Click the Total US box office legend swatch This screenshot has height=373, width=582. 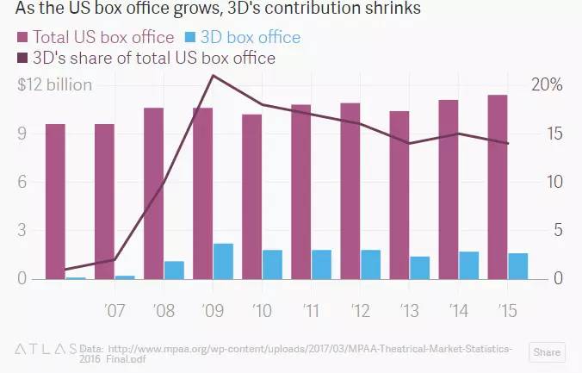coord(22,38)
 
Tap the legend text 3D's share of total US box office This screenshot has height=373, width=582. coord(153,59)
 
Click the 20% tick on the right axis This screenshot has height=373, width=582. coord(547,85)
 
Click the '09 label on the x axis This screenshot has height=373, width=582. coord(214,308)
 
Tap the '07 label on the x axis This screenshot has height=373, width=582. coord(115,308)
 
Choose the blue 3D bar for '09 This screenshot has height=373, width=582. coord(223,261)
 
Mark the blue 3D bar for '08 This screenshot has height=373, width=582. coord(174,270)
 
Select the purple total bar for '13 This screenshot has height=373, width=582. coord(399,195)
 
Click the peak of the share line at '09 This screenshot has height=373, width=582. coord(213,76)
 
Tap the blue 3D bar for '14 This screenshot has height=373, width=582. coord(468,265)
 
